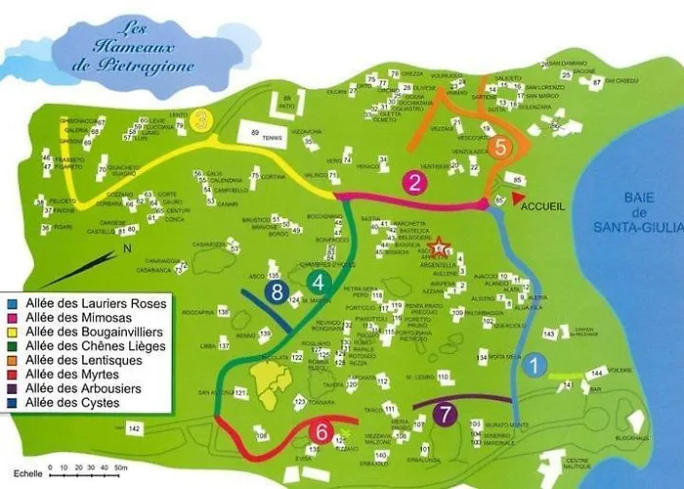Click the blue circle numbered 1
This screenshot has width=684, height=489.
pyautogui.click(x=534, y=367)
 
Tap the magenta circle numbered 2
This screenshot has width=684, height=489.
pyautogui.click(x=415, y=182)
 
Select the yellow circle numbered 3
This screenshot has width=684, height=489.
pyautogui.click(x=200, y=120)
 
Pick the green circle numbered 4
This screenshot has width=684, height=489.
pyautogui.click(x=319, y=283)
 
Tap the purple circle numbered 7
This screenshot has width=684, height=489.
pyautogui.click(x=445, y=414)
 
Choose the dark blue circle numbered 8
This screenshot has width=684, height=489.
pyautogui.click(x=278, y=291)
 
